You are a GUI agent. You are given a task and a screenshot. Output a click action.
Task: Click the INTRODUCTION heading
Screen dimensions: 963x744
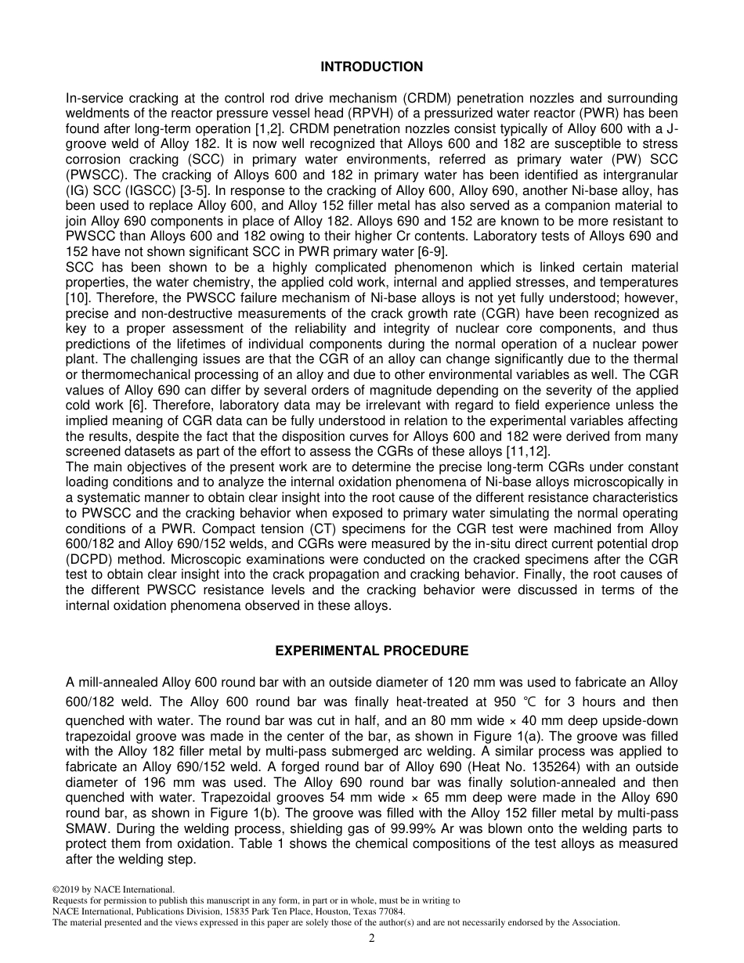[x=371, y=67]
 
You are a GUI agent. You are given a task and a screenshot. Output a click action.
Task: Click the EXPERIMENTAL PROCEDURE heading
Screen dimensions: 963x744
[x=371, y=651]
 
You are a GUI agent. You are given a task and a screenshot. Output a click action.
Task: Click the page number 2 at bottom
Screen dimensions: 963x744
[x=372, y=939]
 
